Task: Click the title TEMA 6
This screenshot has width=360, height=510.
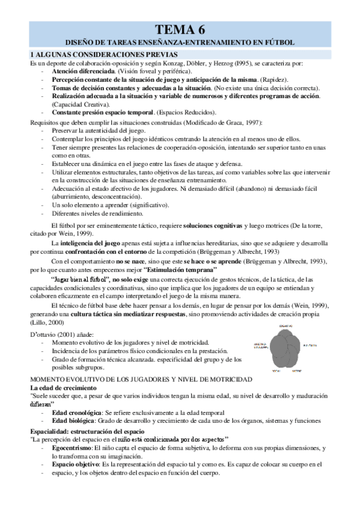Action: pyautogui.click(x=180, y=30)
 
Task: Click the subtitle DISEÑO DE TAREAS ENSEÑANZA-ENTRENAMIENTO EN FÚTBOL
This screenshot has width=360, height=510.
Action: pyautogui.click(x=180, y=43)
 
